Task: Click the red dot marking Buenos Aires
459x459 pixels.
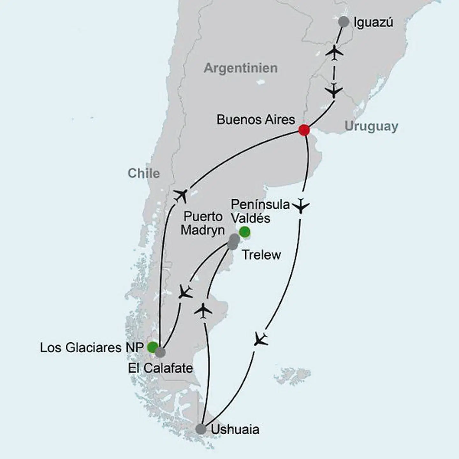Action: click(x=304, y=130)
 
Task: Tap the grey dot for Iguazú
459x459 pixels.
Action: click(x=344, y=22)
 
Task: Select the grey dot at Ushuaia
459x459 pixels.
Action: click(x=201, y=429)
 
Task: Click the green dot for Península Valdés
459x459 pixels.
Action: click(x=244, y=231)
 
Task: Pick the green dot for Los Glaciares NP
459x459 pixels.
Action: click(x=152, y=347)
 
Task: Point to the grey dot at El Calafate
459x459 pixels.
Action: click(x=160, y=352)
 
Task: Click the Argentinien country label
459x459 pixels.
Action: click(x=241, y=68)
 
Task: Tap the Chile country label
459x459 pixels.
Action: click(x=143, y=173)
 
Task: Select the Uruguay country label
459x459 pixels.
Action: click(x=371, y=127)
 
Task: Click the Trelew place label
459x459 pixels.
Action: click(x=261, y=255)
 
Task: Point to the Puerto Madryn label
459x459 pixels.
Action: click(x=203, y=223)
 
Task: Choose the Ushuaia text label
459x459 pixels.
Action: click(x=235, y=429)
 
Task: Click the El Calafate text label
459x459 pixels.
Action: click(x=160, y=368)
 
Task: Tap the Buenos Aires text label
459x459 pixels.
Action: click(x=256, y=120)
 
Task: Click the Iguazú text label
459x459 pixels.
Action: click(x=373, y=23)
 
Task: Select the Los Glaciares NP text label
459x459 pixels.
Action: click(x=91, y=348)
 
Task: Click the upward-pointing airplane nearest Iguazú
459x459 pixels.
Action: click(x=334, y=52)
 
